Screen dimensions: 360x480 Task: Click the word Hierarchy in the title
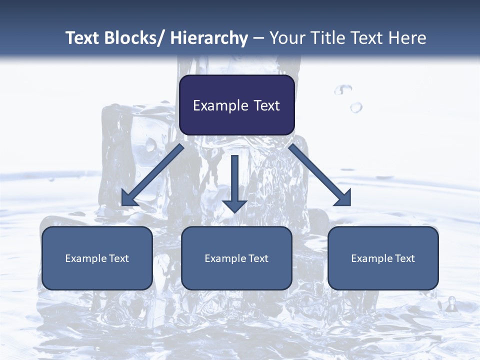coord(209,38)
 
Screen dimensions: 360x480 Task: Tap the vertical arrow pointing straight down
coord(234,180)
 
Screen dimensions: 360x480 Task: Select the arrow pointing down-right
coord(320,175)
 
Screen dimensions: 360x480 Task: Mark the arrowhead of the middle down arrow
coord(234,205)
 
